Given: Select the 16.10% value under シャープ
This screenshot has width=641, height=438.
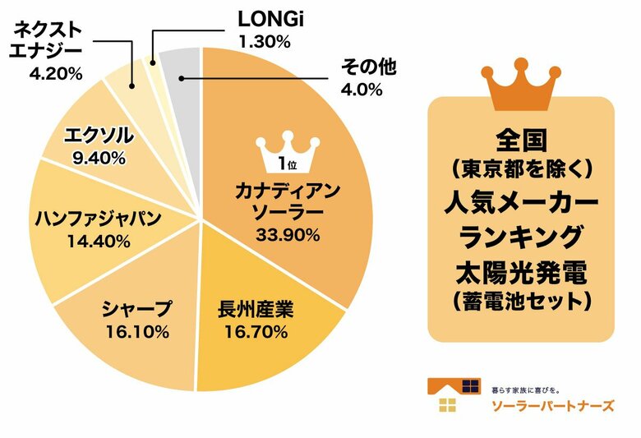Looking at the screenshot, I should pyautogui.click(x=137, y=332).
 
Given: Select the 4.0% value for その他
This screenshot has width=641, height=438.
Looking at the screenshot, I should pyautogui.click(x=362, y=90).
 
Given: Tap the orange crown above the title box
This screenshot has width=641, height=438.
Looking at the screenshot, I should pyautogui.click(x=521, y=85).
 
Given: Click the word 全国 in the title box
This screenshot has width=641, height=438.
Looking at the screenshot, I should pyautogui.click(x=521, y=135).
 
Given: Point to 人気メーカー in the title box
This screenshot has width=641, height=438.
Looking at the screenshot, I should pyautogui.click(x=521, y=201).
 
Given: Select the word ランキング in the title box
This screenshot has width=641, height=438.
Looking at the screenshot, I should pyautogui.click(x=521, y=237).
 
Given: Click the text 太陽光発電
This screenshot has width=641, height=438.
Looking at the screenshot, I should pyautogui.click(x=521, y=272).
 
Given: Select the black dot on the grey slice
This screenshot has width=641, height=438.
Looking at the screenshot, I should pyautogui.click(x=180, y=79).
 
